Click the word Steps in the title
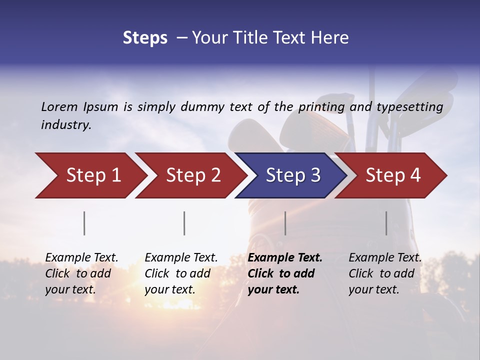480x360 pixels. tap(145, 38)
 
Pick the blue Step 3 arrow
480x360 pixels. tap(293, 175)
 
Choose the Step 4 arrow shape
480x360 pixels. tap(393, 175)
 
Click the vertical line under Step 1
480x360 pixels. tap(84, 223)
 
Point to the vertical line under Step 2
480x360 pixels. tap(184, 223)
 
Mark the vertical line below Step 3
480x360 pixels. tap(285, 223)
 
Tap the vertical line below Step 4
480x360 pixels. tap(386, 223)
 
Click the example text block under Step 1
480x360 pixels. tap(81, 273)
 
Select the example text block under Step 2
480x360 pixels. tap(181, 273)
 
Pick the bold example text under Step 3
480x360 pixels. tap(285, 273)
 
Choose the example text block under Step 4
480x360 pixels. tap(385, 273)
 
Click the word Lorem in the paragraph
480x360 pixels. tap(59, 107)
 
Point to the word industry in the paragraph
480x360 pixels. tap(66, 125)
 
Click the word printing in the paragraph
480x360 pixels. tap(321, 107)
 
